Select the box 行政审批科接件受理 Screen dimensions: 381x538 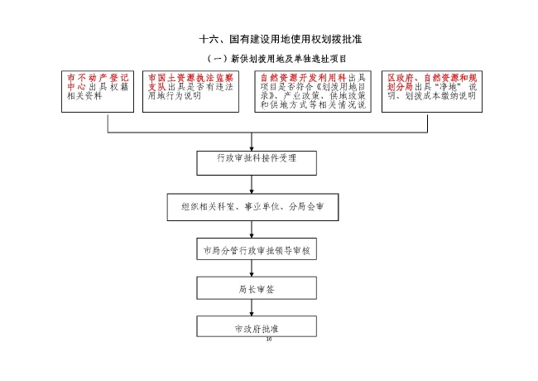(x=256, y=157)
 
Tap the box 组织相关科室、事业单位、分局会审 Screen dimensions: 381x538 (x=257, y=206)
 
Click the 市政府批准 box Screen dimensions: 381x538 (x=256, y=328)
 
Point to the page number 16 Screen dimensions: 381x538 (x=268, y=340)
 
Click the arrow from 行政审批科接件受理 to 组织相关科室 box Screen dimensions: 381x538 (x=256, y=184)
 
